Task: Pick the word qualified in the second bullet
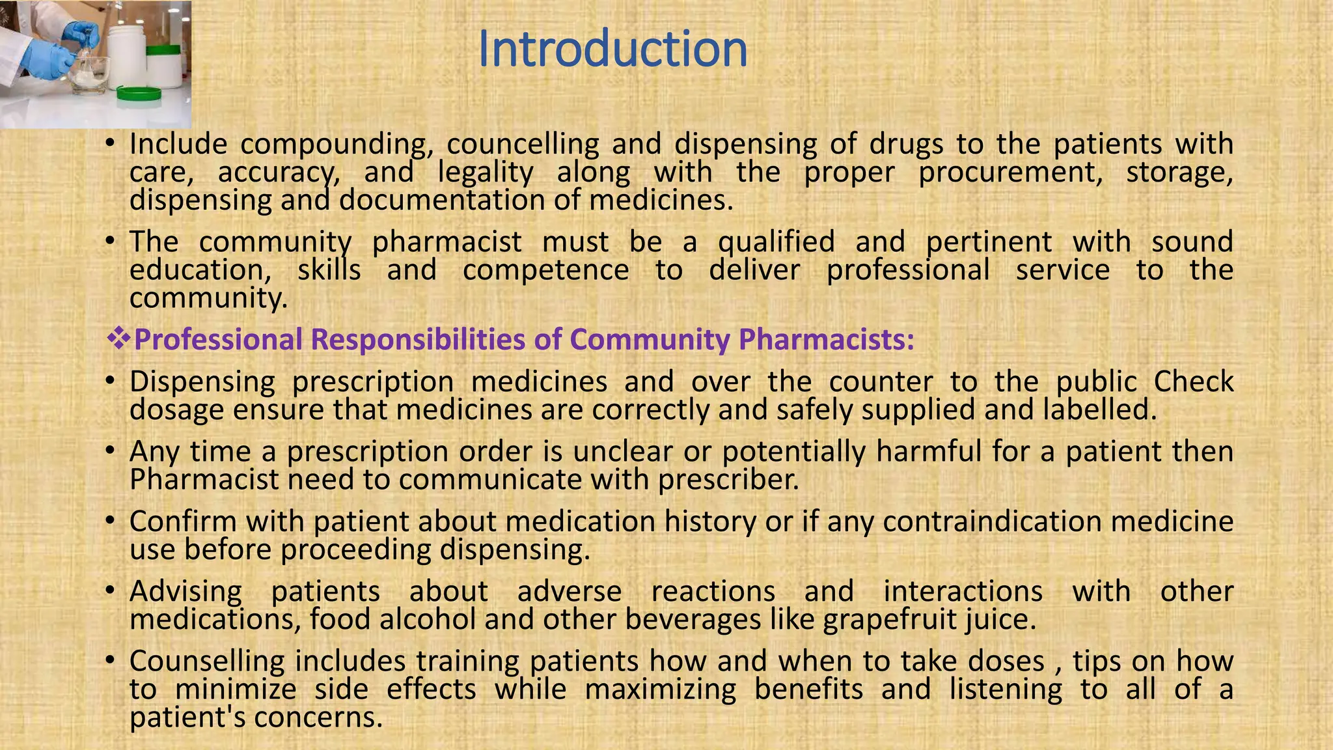pos(776,242)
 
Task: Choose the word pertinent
pos(989,242)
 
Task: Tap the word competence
pos(545,270)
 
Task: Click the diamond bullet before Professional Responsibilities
pos(118,339)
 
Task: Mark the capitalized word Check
pos(1194,382)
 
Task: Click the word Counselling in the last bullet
pos(207,661)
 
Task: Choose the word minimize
pos(236,689)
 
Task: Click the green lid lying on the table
pos(138,94)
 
